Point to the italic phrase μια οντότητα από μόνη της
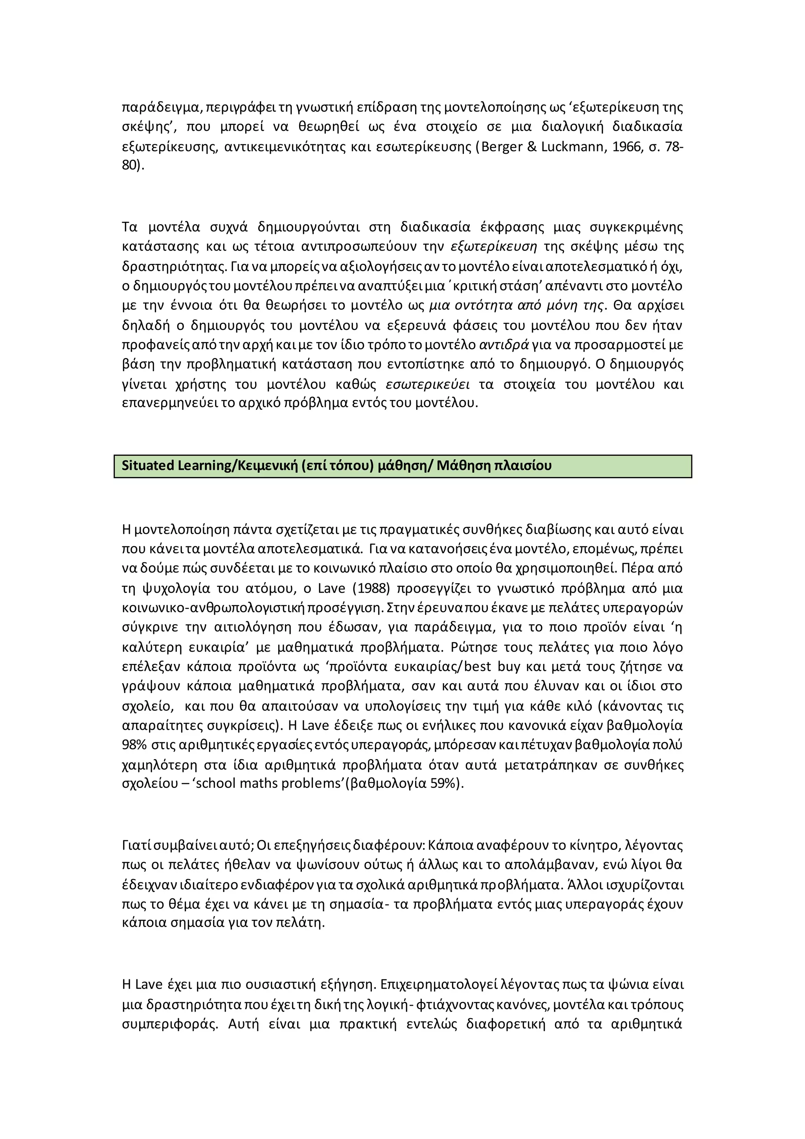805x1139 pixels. [516, 306]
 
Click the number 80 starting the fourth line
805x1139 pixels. [129, 165]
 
